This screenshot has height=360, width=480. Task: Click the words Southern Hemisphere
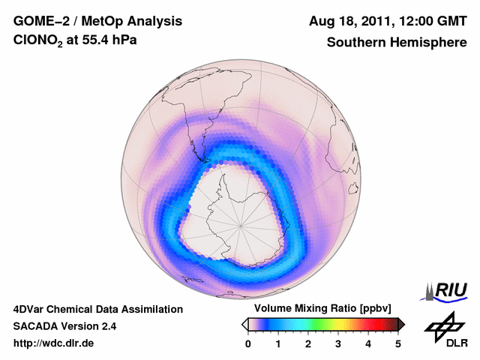(x=396, y=43)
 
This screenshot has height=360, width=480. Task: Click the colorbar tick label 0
(x=248, y=343)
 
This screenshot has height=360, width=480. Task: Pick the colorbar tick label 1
(x=278, y=343)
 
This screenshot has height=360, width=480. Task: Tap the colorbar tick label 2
(x=308, y=343)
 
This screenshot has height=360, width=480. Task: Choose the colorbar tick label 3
(x=338, y=343)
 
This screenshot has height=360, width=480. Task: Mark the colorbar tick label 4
(x=368, y=343)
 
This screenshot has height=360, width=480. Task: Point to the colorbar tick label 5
(x=398, y=343)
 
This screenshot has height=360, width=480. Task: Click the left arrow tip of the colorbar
(x=244, y=324)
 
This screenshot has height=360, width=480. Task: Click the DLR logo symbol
(x=442, y=325)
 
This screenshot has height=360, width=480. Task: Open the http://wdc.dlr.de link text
(x=54, y=343)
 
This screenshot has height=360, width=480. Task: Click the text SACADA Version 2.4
(x=64, y=326)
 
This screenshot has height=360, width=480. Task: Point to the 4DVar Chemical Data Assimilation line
(x=97, y=309)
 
